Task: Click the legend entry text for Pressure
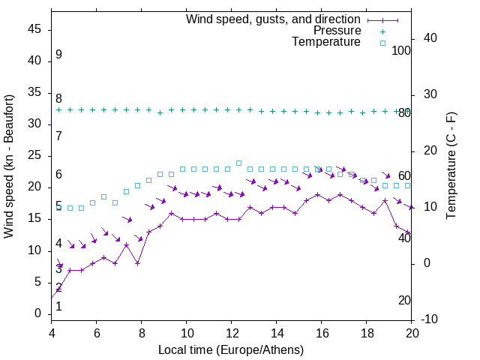coord(337,31)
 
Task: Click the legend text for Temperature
coord(326,43)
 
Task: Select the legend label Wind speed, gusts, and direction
coord(274,19)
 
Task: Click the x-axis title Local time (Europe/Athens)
coord(231,349)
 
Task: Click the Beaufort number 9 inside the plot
coord(58,55)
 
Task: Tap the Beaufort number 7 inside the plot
coord(58,136)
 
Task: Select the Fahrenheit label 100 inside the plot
coord(401,50)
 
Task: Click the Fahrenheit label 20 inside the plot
coord(404,301)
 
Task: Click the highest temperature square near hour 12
coord(238,163)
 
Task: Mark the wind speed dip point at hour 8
coord(137,263)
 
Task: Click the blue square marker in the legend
coord(382,43)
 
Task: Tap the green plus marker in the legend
coord(382,31)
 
